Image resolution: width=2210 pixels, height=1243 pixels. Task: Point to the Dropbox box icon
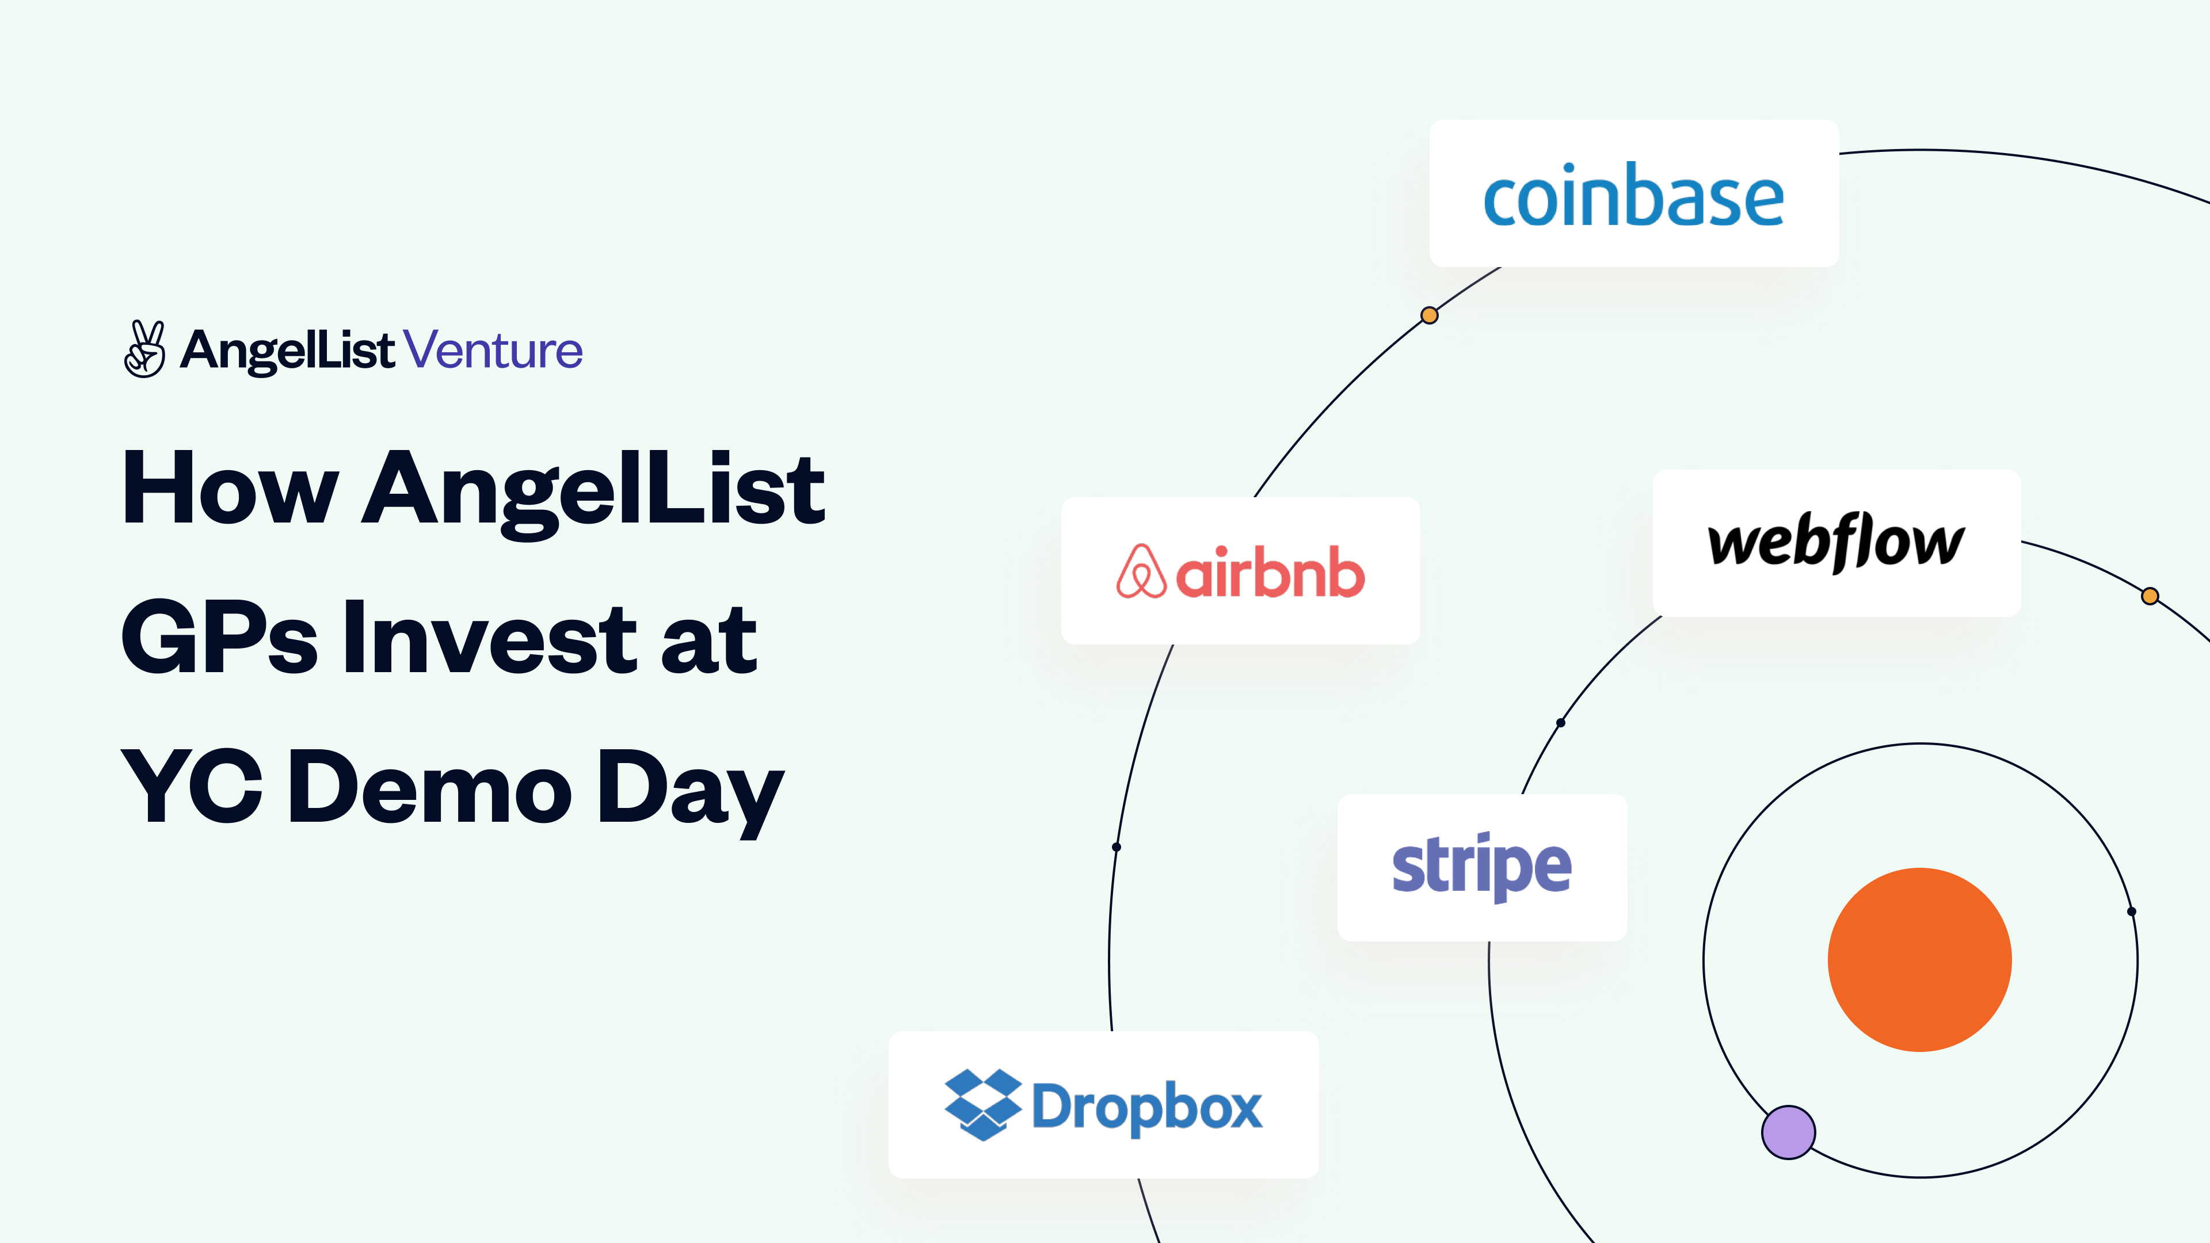point(982,1104)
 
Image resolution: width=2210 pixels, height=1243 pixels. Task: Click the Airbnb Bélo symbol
point(1141,571)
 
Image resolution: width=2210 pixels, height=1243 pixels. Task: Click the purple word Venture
point(493,350)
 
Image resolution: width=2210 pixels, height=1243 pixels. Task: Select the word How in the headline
point(230,489)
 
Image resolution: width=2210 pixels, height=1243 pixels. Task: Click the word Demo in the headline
point(429,786)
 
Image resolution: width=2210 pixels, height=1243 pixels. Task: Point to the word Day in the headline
point(690,789)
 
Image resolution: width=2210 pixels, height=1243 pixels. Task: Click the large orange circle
point(1919,959)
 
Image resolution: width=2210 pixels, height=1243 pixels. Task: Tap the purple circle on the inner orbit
point(1788,1133)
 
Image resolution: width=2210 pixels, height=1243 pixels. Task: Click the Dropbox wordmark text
point(1146,1107)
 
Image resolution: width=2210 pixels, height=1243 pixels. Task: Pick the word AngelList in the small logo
point(287,350)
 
